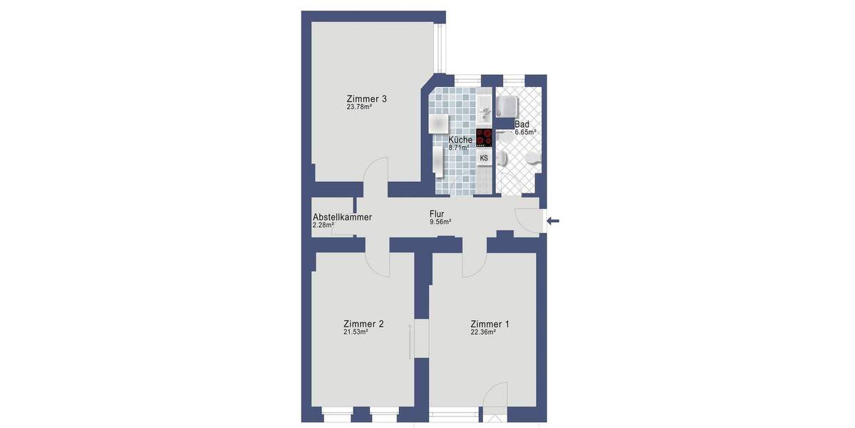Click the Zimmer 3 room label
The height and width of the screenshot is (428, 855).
(x=367, y=98)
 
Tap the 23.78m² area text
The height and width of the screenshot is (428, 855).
(x=359, y=108)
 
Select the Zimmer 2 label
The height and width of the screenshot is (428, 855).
(x=363, y=324)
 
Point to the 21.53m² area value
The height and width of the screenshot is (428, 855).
(x=356, y=332)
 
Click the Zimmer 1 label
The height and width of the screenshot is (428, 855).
(x=489, y=324)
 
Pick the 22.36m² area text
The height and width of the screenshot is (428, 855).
(x=482, y=332)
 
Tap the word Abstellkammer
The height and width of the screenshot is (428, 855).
(x=342, y=218)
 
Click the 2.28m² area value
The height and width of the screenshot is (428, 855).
(x=323, y=226)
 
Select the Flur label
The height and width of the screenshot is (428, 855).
(x=437, y=213)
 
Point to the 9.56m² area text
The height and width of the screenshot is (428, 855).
(x=440, y=222)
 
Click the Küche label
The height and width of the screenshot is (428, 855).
(x=460, y=140)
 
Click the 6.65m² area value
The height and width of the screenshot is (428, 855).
(x=525, y=133)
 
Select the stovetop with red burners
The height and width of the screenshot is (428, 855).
(x=484, y=137)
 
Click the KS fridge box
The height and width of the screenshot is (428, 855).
(x=484, y=158)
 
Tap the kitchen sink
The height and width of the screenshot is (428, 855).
(x=484, y=110)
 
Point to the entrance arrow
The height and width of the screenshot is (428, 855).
(x=553, y=221)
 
